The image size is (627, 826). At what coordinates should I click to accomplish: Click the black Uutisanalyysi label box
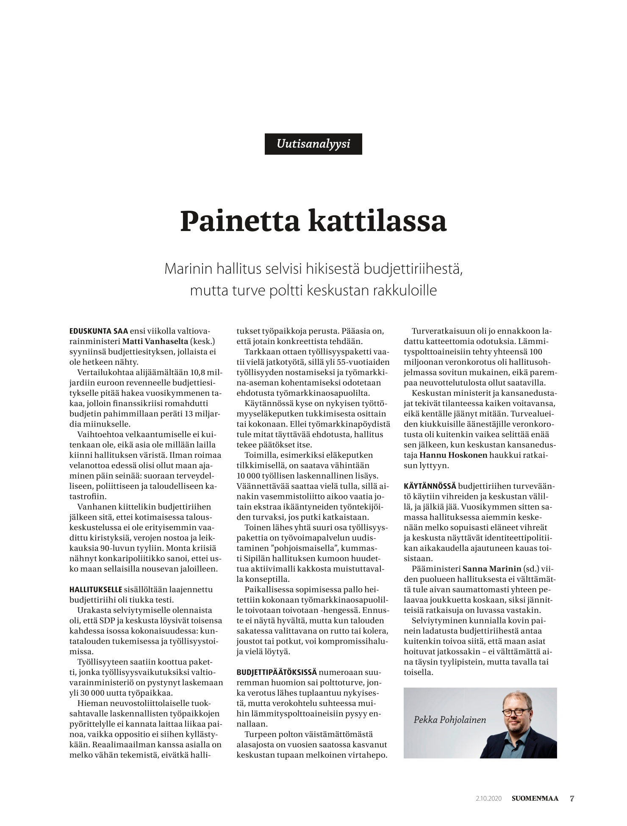313,144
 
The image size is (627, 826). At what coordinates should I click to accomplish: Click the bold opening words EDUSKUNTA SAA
98,331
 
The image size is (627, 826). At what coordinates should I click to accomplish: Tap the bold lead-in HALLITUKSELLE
96,589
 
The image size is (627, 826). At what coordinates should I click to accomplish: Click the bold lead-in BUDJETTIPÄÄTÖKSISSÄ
277,672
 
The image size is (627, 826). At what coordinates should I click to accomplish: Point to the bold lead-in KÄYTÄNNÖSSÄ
430,486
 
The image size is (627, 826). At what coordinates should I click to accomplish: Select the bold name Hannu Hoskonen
453,455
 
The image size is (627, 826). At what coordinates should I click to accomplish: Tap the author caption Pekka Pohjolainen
449,720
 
